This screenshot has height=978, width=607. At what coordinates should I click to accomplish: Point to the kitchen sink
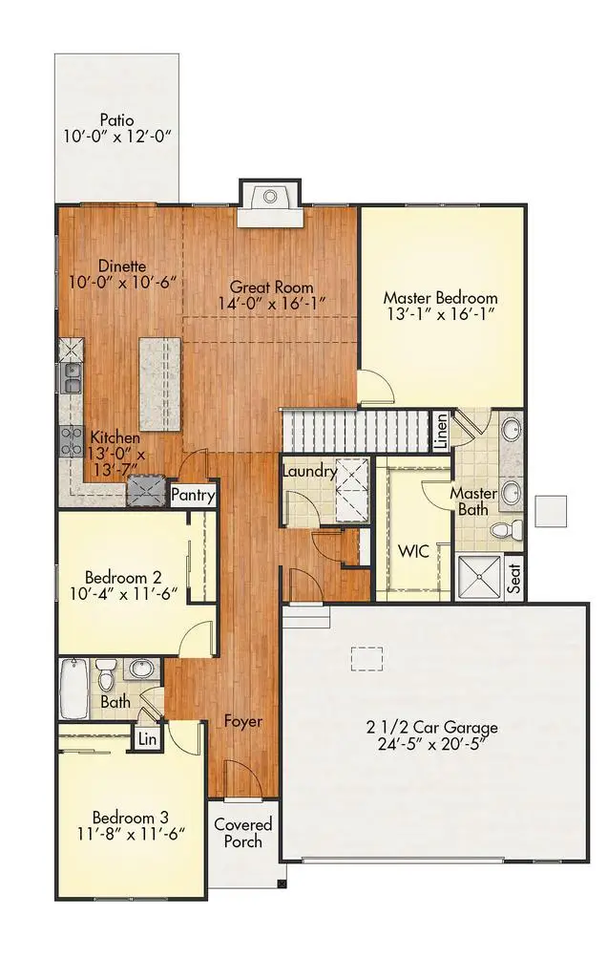pos(72,377)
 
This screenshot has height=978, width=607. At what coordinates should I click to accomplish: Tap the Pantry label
pos(193,496)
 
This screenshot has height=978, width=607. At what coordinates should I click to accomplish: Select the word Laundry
pos(308,471)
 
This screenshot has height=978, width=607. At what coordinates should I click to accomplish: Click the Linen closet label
pos(441,432)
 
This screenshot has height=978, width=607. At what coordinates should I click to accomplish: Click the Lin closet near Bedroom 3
pos(146,738)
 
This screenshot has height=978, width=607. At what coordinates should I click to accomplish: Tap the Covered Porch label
pos(242,832)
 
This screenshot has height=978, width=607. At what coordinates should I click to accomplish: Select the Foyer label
pos(243,721)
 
